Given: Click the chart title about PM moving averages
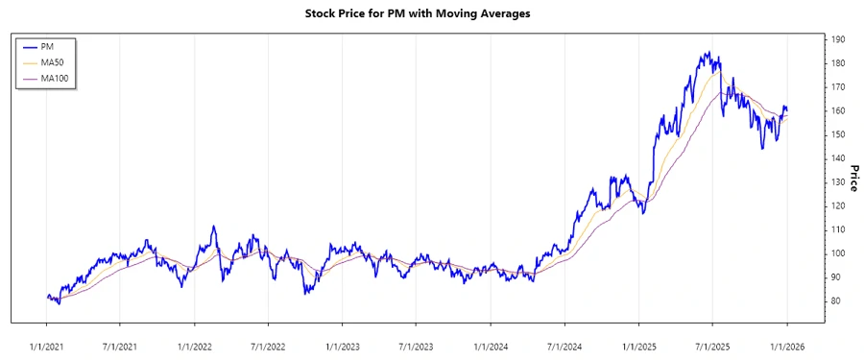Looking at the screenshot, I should (x=417, y=14).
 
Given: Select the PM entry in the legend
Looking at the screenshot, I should (x=46, y=46).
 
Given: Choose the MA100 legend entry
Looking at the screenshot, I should (x=53, y=78).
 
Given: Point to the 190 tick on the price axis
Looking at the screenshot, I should (x=839, y=39).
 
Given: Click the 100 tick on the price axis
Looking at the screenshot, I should (x=839, y=253).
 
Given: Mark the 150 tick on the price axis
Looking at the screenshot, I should (x=839, y=134).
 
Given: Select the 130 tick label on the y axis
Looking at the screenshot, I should (x=839, y=182).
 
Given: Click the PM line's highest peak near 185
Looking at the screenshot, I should (x=708, y=53).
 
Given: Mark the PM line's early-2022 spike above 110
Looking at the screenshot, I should (x=213, y=227).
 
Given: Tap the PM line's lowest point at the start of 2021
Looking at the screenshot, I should (x=59, y=303).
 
